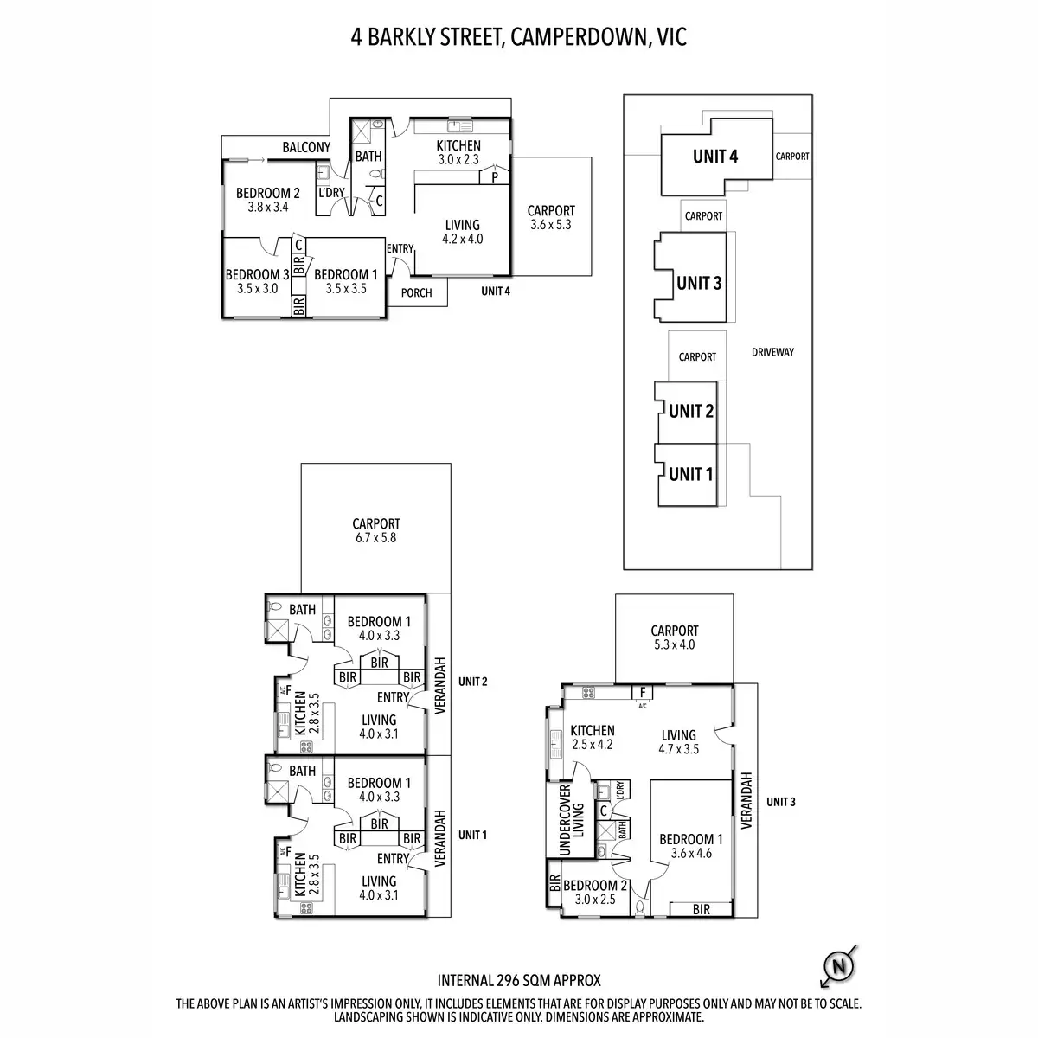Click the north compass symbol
click(839, 967)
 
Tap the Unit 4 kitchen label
click(458, 146)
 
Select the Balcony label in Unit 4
click(306, 147)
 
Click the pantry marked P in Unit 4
click(495, 176)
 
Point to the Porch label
click(416, 292)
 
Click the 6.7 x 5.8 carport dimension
click(376, 537)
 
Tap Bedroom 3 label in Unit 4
click(258, 275)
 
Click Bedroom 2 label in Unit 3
click(595, 886)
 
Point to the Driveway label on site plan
click(773, 352)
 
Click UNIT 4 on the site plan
click(715, 157)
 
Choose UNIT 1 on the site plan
click(691, 475)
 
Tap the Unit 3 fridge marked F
click(642, 693)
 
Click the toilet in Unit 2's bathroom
click(275, 606)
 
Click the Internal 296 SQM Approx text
click(519, 981)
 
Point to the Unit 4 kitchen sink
click(459, 126)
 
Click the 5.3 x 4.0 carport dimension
click(675, 644)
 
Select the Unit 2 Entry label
click(393, 697)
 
